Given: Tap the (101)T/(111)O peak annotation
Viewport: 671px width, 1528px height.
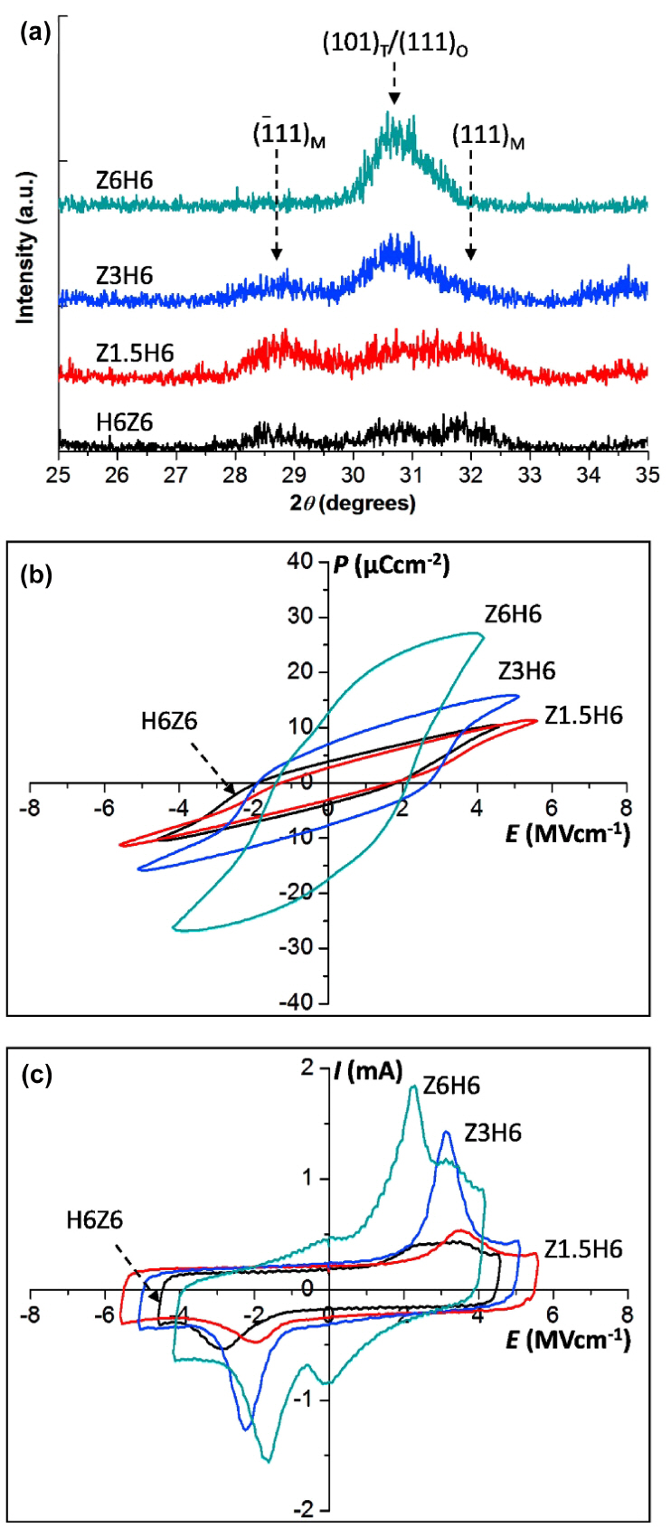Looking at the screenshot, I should pyautogui.click(x=395, y=43).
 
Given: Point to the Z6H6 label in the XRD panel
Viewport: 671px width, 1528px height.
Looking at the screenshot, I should pyautogui.click(x=124, y=181).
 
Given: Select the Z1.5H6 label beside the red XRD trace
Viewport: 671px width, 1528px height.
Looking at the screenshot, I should pyautogui.click(x=135, y=353).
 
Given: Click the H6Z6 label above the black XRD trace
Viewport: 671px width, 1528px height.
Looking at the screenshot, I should pyautogui.click(x=124, y=422).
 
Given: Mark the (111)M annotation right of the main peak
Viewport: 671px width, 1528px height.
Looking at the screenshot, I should pyautogui.click(x=488, y=137).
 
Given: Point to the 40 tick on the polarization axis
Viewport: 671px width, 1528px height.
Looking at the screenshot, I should pyautogui.click(x=302, y=562).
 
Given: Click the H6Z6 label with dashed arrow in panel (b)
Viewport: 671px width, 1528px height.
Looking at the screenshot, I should pyautogui.click(x=169, y=722).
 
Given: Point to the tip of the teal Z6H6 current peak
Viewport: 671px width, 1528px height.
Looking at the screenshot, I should pyautogui.click(x=413, y=1087).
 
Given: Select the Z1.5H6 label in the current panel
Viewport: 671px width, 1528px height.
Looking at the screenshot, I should pyautogui.click(x=583, y=1249).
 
